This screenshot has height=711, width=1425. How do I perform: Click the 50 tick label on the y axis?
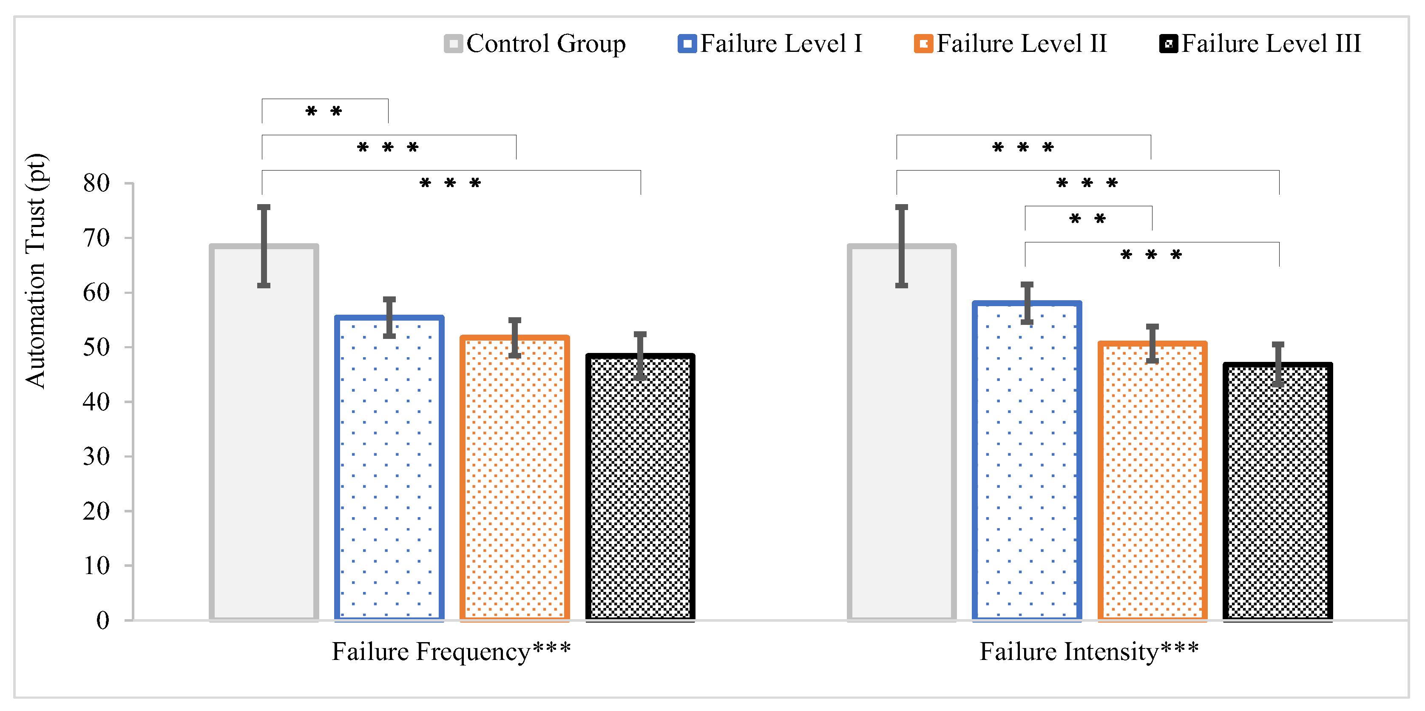coord(97,347)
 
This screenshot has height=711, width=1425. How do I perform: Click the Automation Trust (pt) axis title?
coord(35,271)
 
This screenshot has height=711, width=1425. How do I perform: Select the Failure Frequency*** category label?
coord(451,651)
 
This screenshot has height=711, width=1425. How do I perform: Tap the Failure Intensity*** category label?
coord(1089,651)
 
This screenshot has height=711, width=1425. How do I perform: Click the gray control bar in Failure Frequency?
coord(264,443)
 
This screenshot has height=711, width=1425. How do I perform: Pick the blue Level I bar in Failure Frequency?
coord(389,470)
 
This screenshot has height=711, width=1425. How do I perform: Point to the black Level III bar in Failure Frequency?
coord(640,487)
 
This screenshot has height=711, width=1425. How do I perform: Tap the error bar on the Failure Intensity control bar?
coord(902,246)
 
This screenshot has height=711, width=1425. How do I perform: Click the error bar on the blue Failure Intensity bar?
coord(1027,303)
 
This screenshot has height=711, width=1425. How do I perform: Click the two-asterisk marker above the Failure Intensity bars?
coord(1087,219)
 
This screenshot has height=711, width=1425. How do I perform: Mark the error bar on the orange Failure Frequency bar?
coord(515,338)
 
